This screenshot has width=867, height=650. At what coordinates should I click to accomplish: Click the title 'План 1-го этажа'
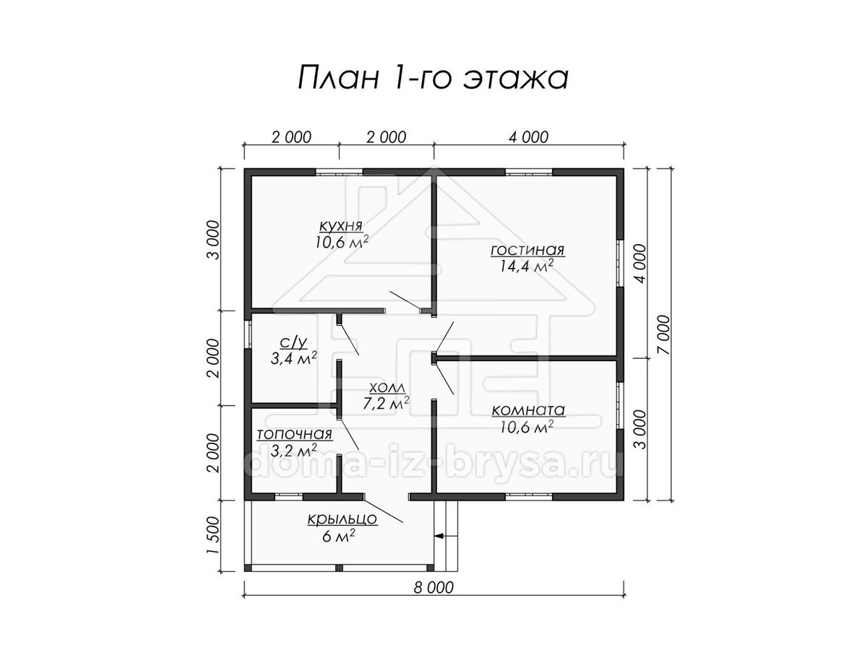[x=433, y=77]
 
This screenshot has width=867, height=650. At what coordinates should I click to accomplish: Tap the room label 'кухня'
[x=340, y=226]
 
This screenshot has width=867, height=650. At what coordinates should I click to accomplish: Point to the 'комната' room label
[x=528, y=410]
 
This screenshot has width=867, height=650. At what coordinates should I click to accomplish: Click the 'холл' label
[x=387, y=388]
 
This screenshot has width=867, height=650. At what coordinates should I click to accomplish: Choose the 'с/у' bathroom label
[x=293, y=342]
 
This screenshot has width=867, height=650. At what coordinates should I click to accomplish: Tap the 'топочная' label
[x=294, y=435]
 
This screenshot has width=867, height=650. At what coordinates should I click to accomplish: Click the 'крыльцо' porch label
[x=342, y=520]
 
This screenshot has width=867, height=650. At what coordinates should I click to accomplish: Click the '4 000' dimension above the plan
[x=528, y=137]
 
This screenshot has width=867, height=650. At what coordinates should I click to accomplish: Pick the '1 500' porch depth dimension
[x=212, y=535]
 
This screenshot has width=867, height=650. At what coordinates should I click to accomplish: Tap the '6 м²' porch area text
[x=339, y=536]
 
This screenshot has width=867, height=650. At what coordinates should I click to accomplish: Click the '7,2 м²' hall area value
[x=386, y=403]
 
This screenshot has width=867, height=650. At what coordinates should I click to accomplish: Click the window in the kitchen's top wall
[x=339, y=172]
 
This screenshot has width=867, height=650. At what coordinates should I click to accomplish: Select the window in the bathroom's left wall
[x=248, y=334]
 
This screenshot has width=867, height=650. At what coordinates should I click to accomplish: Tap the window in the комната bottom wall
[x=528, y=497]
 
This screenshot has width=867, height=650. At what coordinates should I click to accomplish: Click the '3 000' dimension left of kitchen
[x=212, y=240]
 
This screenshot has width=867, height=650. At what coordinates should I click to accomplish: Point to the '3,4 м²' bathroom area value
[x=293, y=358]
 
